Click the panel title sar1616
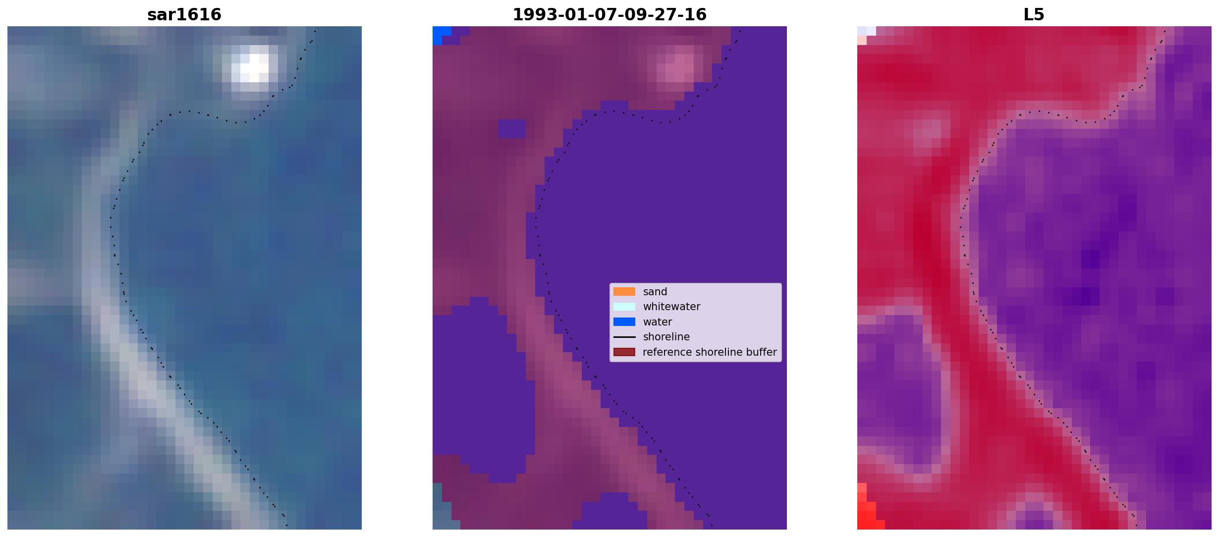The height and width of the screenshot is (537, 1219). coord(184,14)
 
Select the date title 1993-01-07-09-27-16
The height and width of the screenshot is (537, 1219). coord(609,14)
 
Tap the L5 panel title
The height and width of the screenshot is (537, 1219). coord(1034,14)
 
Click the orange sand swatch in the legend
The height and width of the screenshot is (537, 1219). coord(624,292)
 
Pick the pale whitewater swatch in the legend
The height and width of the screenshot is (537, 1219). coord(624,307)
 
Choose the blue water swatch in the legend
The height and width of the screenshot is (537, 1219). coord(624,322)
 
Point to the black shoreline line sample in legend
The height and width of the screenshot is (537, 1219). coord(624,337)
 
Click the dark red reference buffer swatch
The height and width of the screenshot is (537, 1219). coord(624,352)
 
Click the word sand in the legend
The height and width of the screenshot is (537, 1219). coord(655,292)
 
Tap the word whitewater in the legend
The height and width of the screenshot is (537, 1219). coord(671,307)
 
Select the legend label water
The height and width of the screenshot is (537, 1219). coord(658,322)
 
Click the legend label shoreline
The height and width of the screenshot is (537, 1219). coord(666,337)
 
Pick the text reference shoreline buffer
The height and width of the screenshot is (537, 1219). coord(710,352)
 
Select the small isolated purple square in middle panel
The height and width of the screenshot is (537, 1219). coord(511,129)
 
